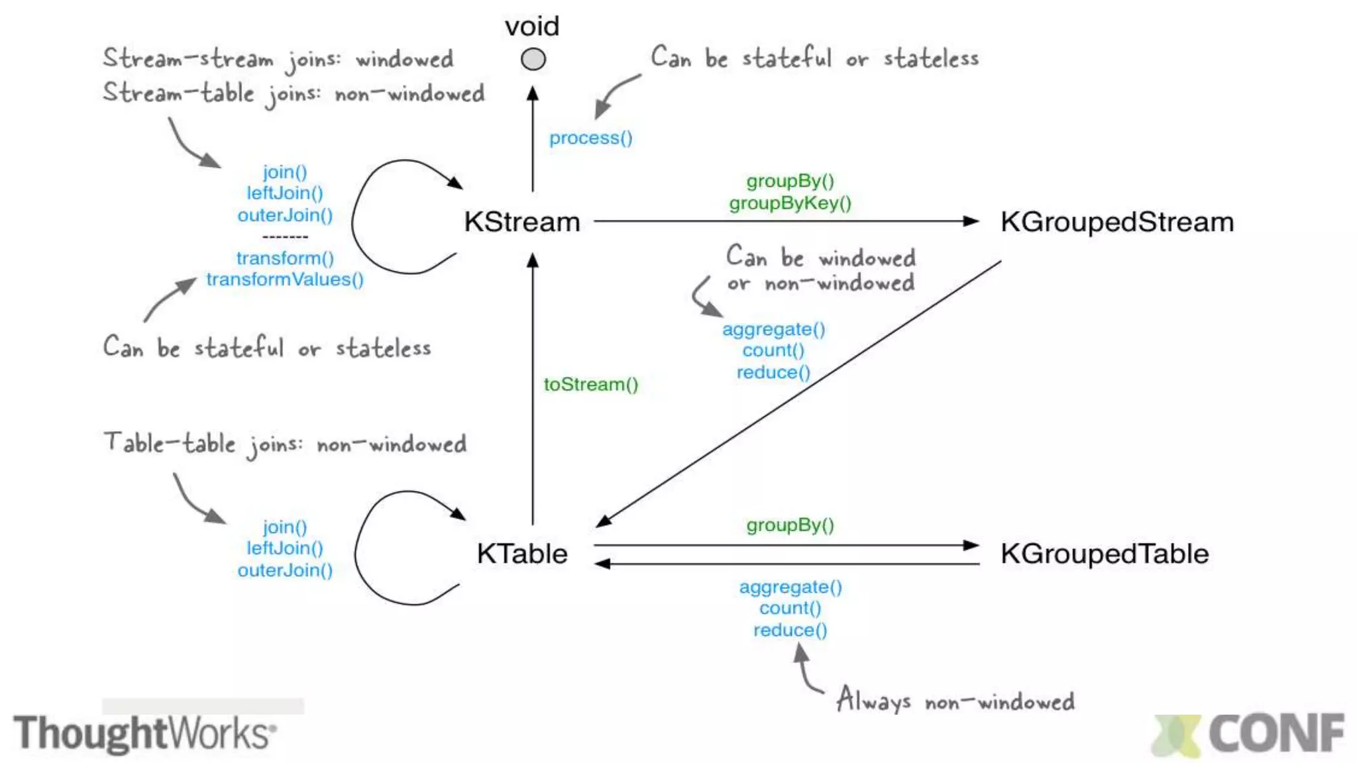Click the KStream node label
pyautogui.click(x=521, y=222)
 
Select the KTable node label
pyautogui.click(x=521, y=554)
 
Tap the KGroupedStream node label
pyautogui.click(x=1116, y=222)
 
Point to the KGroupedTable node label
pyautogui.click(x=1104, y=554)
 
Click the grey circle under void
pyautogui.click(x=533, y=60)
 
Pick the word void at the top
pyautogui.click(x=532, y=26)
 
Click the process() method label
pyautogui.click(x=590, y=138)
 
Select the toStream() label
pyautogui.click(x=590, y=384)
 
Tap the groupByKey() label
pyautogui.click(x=790, y=203)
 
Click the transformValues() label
pyautogui.click(x=284, y=280)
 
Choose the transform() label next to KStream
pyautogui.click(x=284, y=258)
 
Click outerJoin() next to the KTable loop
pyautogui.click(x=284, y=570)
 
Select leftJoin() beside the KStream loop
pyautogui.click(x=284, y=193)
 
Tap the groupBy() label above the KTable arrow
pyautogui.click(x=790, y=525)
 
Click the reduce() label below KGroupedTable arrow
pyautogui.click(x=790, y=630)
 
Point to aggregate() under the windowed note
pyautogui.click(x=773, y=329)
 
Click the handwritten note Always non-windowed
pyautogui.click(x=955, y=701)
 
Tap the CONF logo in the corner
pyautogui.click(x=1249, y=734)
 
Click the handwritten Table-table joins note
pyautogui.click(x=285, y=444)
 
